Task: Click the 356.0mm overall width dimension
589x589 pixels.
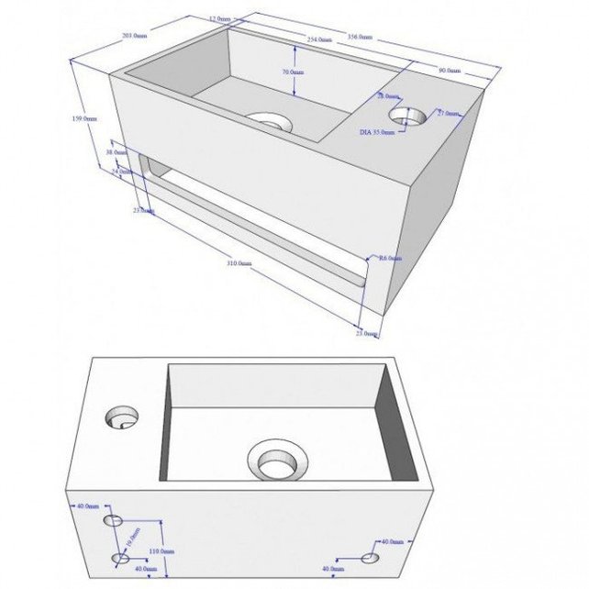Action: tap(360, 38)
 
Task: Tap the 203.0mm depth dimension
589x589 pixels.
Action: tap(133, 36)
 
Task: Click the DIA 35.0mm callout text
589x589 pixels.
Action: tap(377, 132)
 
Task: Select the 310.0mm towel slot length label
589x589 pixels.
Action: tap(238, 263)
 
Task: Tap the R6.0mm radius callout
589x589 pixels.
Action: tap(390, 259)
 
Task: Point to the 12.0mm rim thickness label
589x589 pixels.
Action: tap(219, 18)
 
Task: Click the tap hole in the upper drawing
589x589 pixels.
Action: tap(408, 116)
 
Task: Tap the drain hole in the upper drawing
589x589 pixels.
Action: tap(269, 121)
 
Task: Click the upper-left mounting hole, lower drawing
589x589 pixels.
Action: tap(114, 520)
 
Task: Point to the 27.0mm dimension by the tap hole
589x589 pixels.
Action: tap(448, 113)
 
